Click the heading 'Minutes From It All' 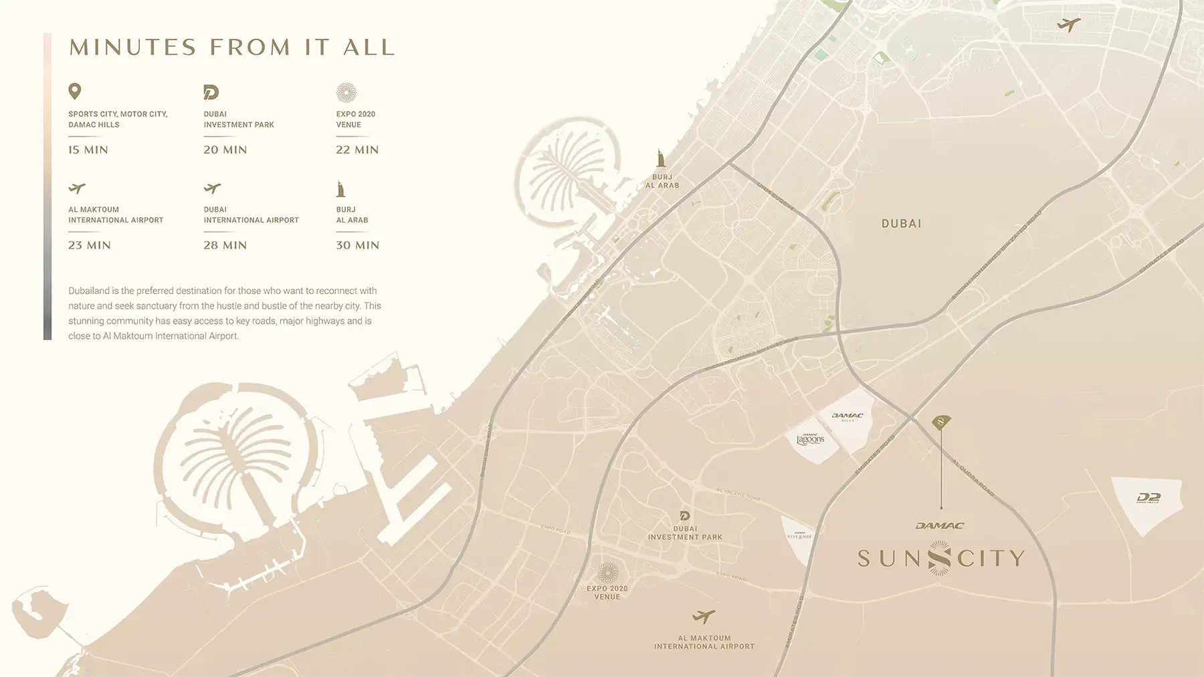pyautogui.click(x=232, y=47)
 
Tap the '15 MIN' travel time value pyautogui.click(x=88, y=150)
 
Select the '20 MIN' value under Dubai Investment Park pyautogui.click(x=225, y=150)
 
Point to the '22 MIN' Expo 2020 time pyautogui.click(x=357, y=150)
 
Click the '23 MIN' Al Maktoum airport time pyautogui.click(x=90, y=245)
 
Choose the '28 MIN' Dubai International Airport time pyautogui.click(x=225, y=245)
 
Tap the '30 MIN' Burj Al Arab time pyautogui.click(x=357, y=245)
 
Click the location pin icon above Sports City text pyautogui.click(x=75, y=91)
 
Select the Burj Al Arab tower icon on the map pyautogui.click(x=661, y=159)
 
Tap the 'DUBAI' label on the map pyautogui.click(x=901, y=224)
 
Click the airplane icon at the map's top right pyautogui.click(x=1068, y=25)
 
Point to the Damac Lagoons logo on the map pyautogui.click(x=810, y=439)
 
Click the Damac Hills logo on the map pyautogui.click(x=847, y=416)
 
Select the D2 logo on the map pyautogui.click(x=1148, y=498)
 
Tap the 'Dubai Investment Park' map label pyautogui.click(x=685, y=533)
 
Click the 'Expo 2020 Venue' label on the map pyautogui.click(x=607, y=592)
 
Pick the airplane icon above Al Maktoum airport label pyautogui.click(x=704, y=616)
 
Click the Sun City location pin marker pyautogui.click(x=941, y=422)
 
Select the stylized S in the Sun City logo pyautogui.click(x=940, y=558)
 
